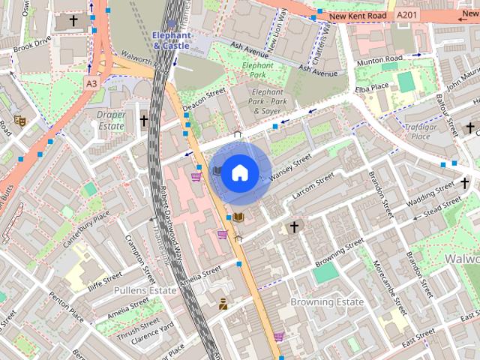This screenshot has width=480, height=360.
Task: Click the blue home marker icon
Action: point(238,173)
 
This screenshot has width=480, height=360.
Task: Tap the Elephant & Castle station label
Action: point(171,40)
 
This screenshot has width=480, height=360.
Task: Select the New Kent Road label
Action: point(358,16)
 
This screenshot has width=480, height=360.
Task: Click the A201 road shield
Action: point(406,15)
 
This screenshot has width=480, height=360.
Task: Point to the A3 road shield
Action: point(91,82)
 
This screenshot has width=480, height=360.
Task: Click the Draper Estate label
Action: point(111,120)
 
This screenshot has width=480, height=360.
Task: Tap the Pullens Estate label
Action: point(145,289)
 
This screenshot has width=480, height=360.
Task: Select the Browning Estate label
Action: point(327,302)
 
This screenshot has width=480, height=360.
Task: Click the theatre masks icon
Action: point(20,119)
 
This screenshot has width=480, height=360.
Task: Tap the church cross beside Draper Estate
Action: point(143,120)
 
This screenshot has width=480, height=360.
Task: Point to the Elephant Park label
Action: point(258,70)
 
